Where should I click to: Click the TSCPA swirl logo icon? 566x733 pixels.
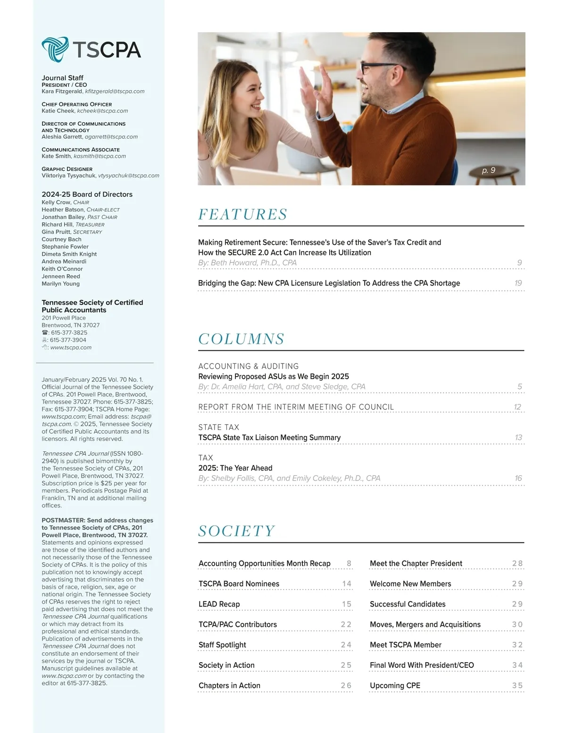(55, 49)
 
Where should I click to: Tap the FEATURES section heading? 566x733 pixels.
(242, 215)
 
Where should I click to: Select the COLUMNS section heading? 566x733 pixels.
(241, 339)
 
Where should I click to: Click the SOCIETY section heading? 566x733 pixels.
(236, 531)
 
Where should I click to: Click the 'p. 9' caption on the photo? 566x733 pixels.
(489, 170)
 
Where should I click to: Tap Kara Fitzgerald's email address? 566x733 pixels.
(115, 92)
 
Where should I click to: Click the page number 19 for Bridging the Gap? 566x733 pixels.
(518, 283)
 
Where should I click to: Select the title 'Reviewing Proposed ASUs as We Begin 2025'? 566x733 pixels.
(274, 377)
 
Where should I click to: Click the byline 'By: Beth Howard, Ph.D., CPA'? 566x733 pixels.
(247, 263)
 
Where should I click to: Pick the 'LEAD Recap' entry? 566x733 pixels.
(219, 604)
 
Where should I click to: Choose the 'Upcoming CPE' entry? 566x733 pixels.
(395, 685)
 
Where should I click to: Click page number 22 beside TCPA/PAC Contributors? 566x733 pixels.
(346, 624)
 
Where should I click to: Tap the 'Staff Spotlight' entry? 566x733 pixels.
(222, 645)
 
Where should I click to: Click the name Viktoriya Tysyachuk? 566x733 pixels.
(68, 176)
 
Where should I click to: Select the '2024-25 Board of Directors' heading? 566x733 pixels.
(87, 194)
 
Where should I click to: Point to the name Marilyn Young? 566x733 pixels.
(60, 284)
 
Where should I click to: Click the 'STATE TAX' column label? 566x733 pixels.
(218, 427)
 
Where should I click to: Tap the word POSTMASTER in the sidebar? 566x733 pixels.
(62, 520)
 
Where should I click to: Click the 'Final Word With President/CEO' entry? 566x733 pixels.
(422, 665)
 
